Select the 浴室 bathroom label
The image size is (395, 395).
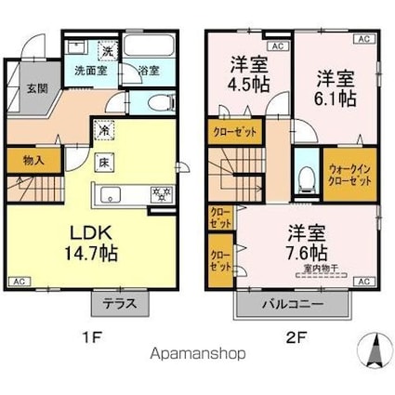click(x=149, y=69)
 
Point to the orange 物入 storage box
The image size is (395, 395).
click(x=33, y=161)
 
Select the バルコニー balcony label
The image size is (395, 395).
click(x=292, y=303)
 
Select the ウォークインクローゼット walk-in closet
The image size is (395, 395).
click(x=349, y=176)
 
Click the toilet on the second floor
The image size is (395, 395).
click(x=306, y=178)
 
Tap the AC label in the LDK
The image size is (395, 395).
click(x=19, y=280)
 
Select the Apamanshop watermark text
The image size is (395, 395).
click(x=197, y=353)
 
